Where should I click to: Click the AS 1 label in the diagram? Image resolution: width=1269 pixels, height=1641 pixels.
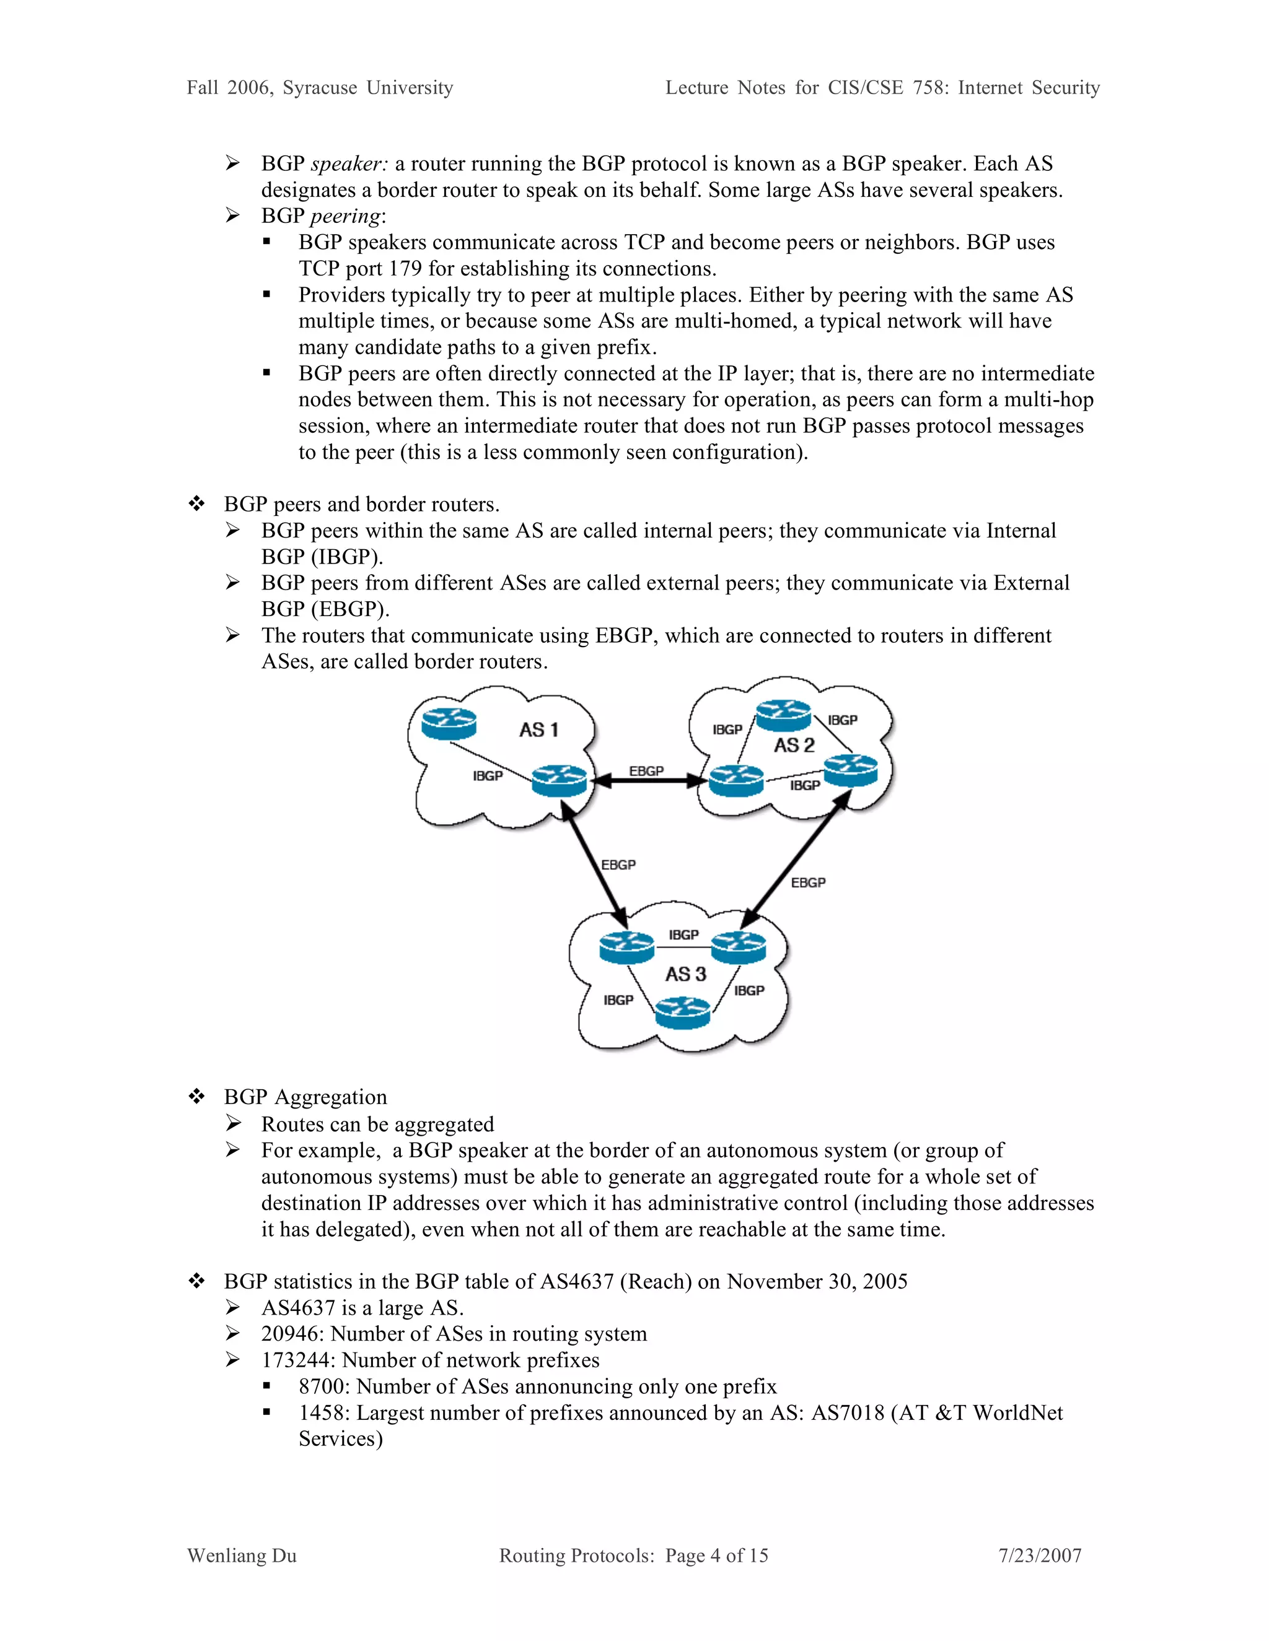(x=538, y=729)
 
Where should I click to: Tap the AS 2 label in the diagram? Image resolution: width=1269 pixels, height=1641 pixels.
(x=794, y=746)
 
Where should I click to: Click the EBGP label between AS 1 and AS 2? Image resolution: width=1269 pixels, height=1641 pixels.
(x=646, y=771)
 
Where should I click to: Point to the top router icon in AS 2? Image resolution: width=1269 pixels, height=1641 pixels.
(x=783, y=715)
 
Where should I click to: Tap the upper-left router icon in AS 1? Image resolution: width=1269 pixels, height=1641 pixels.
(x=449, y=723)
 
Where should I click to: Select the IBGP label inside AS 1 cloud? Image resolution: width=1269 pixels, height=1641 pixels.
(x=487, y=775)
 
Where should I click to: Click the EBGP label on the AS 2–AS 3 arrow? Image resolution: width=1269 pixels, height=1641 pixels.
(x=807, y=882)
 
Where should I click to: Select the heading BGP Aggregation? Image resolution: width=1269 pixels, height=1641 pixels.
(x=305, y=1097)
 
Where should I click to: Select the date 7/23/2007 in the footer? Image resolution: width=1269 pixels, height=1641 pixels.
(x=1040, y=1556)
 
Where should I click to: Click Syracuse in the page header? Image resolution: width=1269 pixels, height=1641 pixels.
(x=320, y=88)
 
